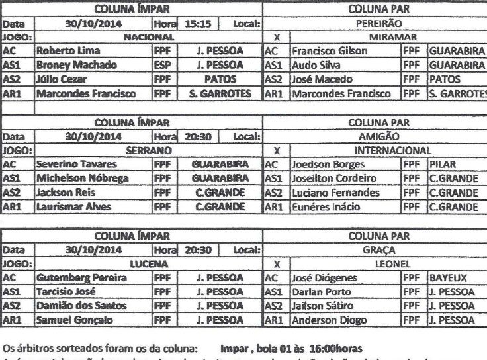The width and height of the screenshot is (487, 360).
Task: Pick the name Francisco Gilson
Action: [330, 51]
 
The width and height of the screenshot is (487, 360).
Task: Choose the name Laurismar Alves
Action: [69, 206]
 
